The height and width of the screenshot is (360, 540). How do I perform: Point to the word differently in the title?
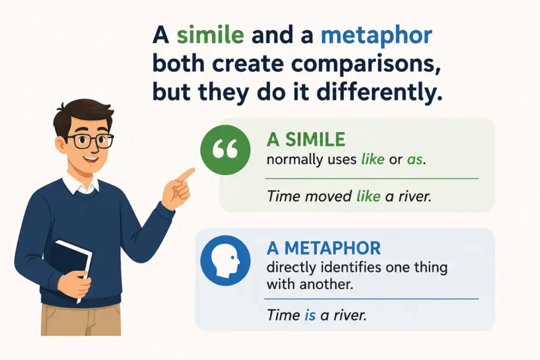pyautogui.click(x=379, y=92)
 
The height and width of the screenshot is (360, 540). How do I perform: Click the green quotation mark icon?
pyautogui.click(x=226, y=150)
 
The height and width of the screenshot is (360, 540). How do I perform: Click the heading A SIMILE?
pyautogui.click(x=306, y=139)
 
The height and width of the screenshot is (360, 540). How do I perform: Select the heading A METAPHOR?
pyautogui.click(x=324, y=248)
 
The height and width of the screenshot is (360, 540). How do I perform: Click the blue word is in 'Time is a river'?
pyautogui.click(x=310, y=315)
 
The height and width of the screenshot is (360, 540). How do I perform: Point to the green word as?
pyautogui.click(x=414, y=160)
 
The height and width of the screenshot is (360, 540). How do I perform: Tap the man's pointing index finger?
pyautogui.click(x=186, y=174)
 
